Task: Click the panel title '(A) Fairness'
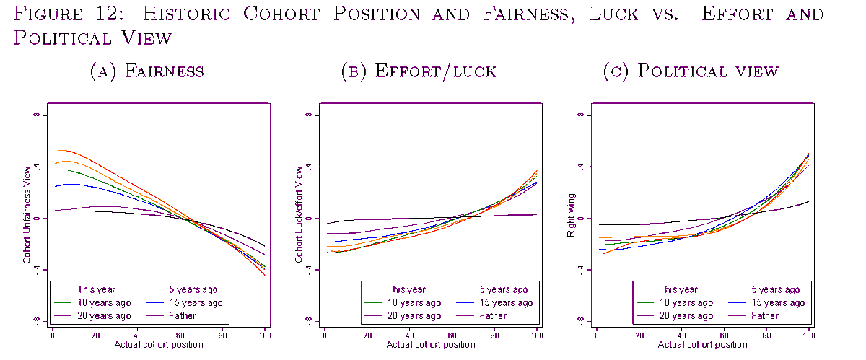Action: click(146, 71)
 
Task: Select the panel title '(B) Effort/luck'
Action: click(419, 71)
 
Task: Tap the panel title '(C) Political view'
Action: click(691, 71)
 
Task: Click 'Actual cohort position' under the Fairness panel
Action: click(158, 345)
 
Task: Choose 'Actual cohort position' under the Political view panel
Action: click(701, 345)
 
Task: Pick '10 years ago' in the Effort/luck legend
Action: click(414, 302)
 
